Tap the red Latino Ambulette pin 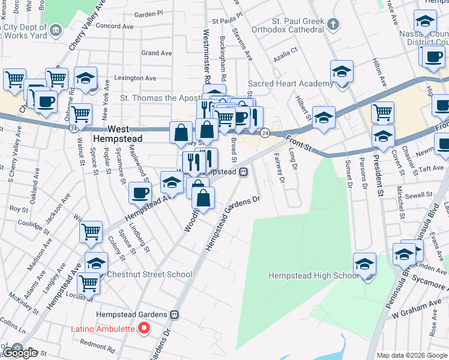[x=144, y=328]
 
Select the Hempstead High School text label [x=313, y=275]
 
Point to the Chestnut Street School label [x=149, y=274]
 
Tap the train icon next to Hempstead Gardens [x=174, y=314]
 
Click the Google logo [x=19, y=353]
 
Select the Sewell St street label [x=419, y=195]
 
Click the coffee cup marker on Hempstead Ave [x=140, y=193]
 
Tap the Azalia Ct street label [x=285, y=51]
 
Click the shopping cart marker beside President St [x=382, y=112]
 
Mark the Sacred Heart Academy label [x=291, y=83]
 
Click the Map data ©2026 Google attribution [x=412, y=355]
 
